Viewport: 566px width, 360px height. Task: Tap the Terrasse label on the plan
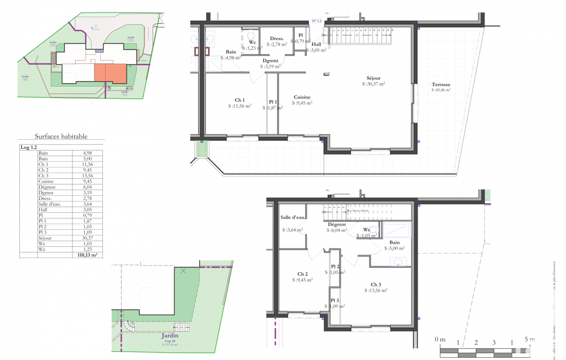[x=440, y=84]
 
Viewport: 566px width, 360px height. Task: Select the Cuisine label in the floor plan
[x=302, y=97]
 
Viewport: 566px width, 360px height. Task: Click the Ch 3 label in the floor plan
[x=376, y=284]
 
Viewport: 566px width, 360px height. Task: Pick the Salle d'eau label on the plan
[x=293, y=218]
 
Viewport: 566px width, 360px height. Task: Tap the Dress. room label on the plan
[x=276, y=38]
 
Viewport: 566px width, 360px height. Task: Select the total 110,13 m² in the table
[x=87, y=255]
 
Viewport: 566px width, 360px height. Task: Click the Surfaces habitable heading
[x=61, y=136]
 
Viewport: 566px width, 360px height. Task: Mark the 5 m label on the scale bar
[x=529, y=339]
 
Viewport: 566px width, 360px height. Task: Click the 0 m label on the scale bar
[x=440, y=339]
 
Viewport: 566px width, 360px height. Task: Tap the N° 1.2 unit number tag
[x=316, y=21]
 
